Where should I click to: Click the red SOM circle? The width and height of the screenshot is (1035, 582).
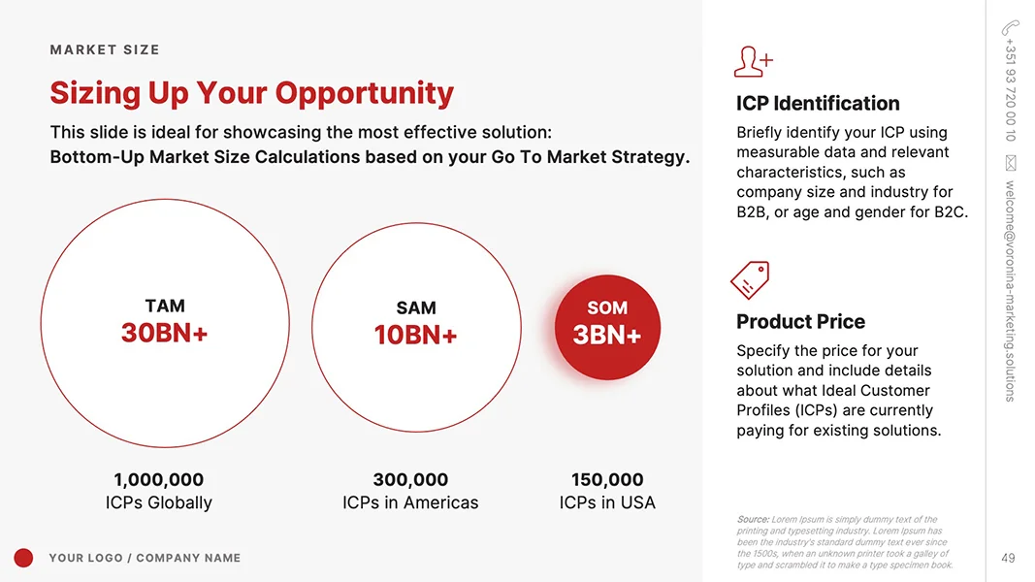pyautogui.click(x=607, y=326)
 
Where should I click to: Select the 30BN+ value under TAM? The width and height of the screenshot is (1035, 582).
pyautogui.click(x=164, y=333)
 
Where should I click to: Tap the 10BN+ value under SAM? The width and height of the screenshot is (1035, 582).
pyautogui.click(x=415, y=336)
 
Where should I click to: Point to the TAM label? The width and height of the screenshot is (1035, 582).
pyautogui.click(x=164, y=306)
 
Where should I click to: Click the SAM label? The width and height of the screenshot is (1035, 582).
pyautogui.click(x=415, y=307)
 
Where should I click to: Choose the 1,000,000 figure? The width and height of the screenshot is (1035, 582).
pyautogui.click(x=159, y=479)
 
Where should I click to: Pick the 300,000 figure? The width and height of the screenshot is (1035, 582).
pyautogui.click(x=410, y=479)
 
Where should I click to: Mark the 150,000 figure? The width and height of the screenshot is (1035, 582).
pyautogui.click(x=607, y=479)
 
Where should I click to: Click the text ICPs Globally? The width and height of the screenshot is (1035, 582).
pyautogui.click(x=159, y=502)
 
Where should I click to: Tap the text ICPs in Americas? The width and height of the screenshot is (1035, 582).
pyautogui.click(x=410, y=502)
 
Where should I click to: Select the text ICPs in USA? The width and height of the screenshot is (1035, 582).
pyautogui.click(x=607, y=502)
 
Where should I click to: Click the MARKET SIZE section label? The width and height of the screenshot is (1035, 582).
pyautogui.click(x=105, y=49)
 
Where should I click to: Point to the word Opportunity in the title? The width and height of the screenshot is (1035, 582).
pyautogui.click(x=364, y=93)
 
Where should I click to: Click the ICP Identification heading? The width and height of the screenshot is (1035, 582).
pyautogui.click(x=818, y=103)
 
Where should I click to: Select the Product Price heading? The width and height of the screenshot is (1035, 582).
pyautogui.click(x=800, y=321)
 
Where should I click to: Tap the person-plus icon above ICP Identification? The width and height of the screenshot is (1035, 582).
pyautogui.click(x=753, y=61)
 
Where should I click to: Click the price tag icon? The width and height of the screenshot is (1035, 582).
pyautogui.click(x=749, y=280)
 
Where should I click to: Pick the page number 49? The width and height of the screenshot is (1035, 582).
pyautogui.click(x=1008, y=558)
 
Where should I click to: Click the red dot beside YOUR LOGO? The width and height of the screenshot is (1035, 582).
pyautogui.click(x=24, y=558)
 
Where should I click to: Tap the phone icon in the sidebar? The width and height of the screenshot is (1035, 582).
pyautogui.click(x=1010, y=27)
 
